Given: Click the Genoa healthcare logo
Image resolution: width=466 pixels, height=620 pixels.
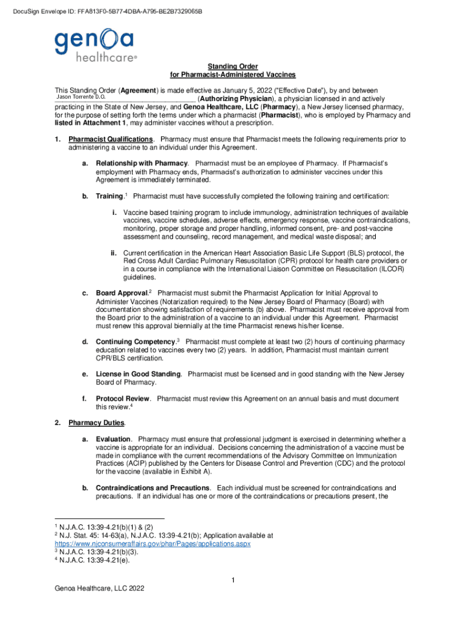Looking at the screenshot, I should pos(96,46).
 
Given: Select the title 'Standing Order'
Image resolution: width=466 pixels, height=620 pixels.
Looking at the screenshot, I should pos(233,66).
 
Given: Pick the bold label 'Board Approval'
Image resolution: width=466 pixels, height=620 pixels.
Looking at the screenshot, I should pos(122,294).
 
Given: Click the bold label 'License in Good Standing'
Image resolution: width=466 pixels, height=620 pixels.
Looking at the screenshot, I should pos(138,374).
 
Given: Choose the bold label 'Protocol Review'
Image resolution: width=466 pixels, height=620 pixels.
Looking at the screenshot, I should pos(123,398).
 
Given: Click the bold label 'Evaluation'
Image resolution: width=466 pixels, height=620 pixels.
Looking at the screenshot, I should pos(113,439).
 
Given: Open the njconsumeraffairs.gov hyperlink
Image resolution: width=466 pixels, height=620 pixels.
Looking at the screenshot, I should pos(153,544).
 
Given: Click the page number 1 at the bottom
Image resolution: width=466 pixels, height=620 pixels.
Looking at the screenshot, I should pos(233,582).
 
